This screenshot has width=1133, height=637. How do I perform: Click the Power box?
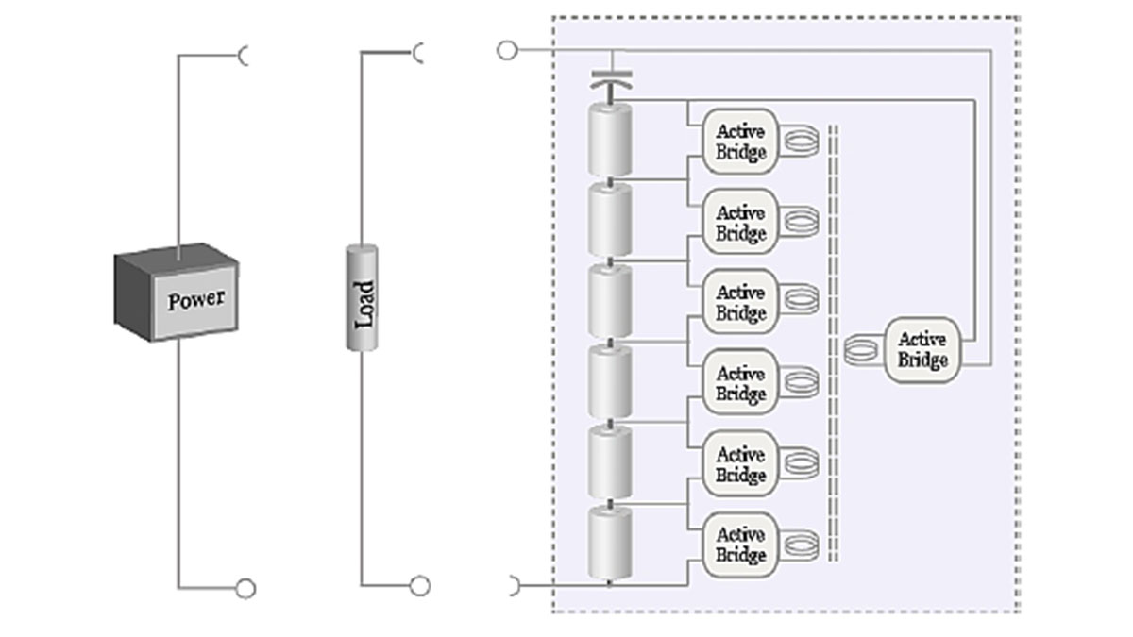(177, 293)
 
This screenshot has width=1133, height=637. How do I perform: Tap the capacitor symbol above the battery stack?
(609, 82)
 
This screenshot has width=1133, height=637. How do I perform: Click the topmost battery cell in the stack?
(610, 140)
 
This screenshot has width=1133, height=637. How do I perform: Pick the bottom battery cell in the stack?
(610, 544)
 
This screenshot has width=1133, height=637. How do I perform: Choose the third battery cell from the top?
(610, 301)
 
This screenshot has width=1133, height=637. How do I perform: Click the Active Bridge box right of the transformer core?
(922, 349)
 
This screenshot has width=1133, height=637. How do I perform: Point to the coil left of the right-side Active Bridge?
(861, 350)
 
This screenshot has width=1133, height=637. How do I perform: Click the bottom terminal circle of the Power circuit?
(245, 589)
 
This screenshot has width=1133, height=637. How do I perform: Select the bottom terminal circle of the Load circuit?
(420, 586)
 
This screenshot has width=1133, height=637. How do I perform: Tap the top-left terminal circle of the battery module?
(507, 50)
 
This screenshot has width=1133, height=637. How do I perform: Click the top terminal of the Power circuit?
(245, 57)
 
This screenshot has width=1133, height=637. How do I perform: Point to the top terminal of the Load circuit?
(418, 54)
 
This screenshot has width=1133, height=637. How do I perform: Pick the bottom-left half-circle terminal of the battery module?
(513, 586)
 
